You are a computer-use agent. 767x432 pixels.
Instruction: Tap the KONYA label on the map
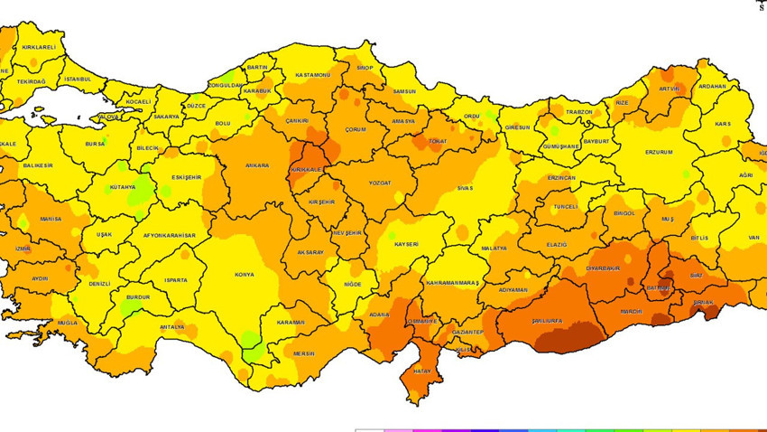point(244,274)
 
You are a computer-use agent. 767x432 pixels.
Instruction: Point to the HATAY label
point(421,370)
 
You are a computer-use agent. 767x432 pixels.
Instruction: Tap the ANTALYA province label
point(171,327)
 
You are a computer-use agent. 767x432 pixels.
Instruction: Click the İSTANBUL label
point(78,79)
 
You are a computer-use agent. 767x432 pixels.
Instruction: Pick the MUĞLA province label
point(68,323)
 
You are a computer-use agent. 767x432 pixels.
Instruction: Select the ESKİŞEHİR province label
point(186,178)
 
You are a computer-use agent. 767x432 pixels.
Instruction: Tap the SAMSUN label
point(404,91)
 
